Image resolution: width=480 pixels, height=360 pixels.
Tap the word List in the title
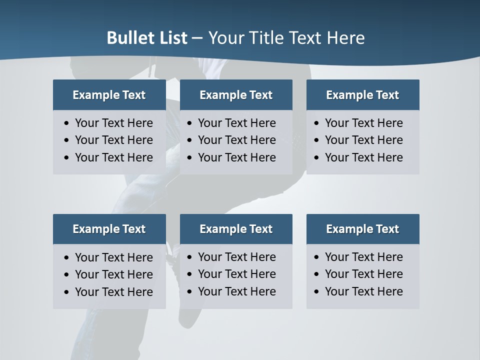(x=172, y=38)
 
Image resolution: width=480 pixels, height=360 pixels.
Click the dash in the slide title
(x=197, y=38)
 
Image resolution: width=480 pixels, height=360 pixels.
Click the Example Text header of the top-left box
(x=109, y=95)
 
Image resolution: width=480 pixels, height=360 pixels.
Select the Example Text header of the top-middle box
(x=236, y=95)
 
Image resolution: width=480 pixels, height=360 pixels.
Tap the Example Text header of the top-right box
(x=362, y=95)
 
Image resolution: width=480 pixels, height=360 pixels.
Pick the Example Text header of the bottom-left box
(x=109, y=229)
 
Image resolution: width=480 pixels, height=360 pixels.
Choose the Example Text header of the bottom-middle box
(x=236, y=229)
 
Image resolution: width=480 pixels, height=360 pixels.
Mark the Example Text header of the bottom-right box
(x=362, y=229)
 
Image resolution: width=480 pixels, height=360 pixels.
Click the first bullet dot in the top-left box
(x=67, y=123)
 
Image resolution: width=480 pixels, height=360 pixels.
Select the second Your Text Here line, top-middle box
(x=236, y=140)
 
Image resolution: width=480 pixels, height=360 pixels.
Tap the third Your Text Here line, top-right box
(x=363, y=157)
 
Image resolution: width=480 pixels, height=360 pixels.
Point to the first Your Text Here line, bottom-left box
(x=113, y=257)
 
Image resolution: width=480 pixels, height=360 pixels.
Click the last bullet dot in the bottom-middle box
(x=189, y=292)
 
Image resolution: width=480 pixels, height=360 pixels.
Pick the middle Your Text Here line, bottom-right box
(x=363, y=274)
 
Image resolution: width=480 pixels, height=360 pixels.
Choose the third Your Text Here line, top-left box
(x=113, y=157)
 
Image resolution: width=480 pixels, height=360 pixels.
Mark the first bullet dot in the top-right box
(x=316, y=123)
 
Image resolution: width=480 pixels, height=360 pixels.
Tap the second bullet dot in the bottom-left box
(x=67, y=275)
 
